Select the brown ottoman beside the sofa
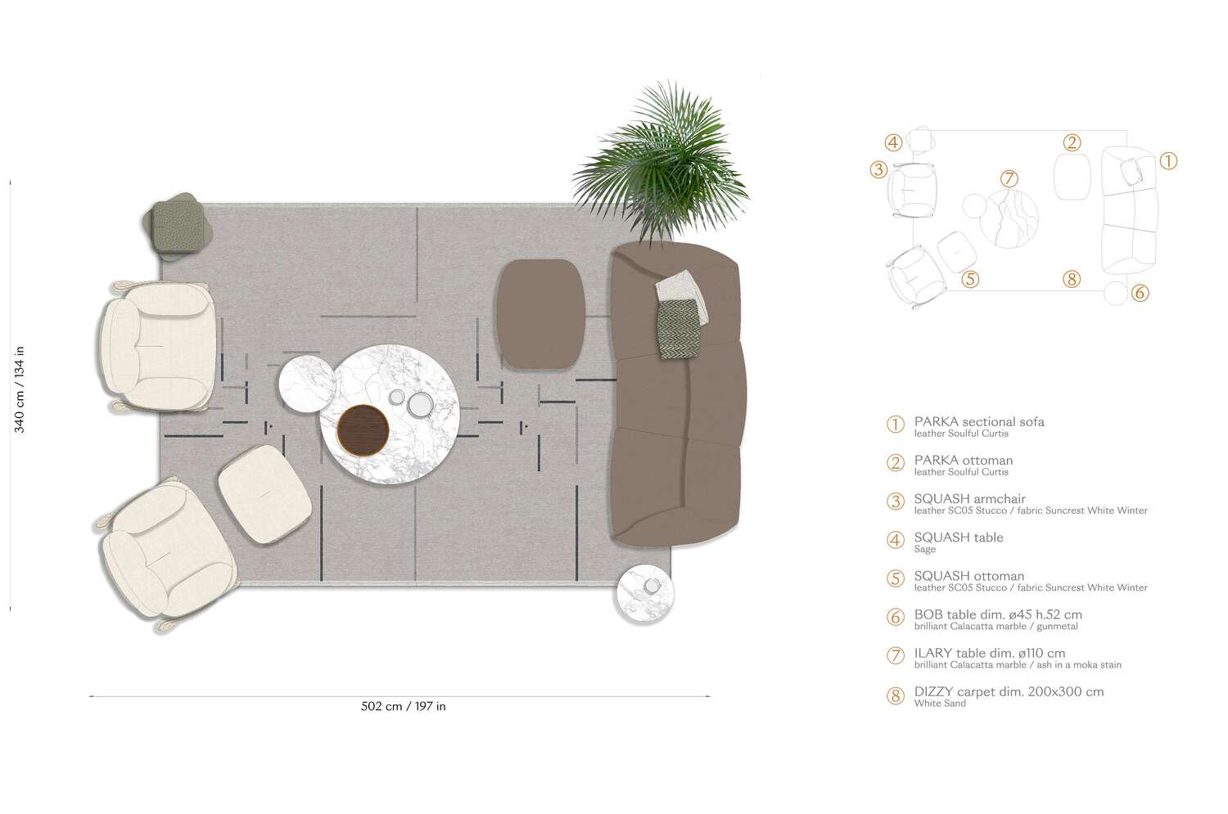(540, 313)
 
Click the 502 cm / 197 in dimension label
(403, 706)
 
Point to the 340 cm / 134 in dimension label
(20, 389)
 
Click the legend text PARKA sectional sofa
(979, 422)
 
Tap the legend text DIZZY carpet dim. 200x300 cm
(1009, 691)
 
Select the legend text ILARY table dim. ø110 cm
(990, 653)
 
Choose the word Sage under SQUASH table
(925, 550)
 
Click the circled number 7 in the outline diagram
(1009, 178)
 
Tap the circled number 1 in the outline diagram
(1168, 161)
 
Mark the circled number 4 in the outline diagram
(893, 142)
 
